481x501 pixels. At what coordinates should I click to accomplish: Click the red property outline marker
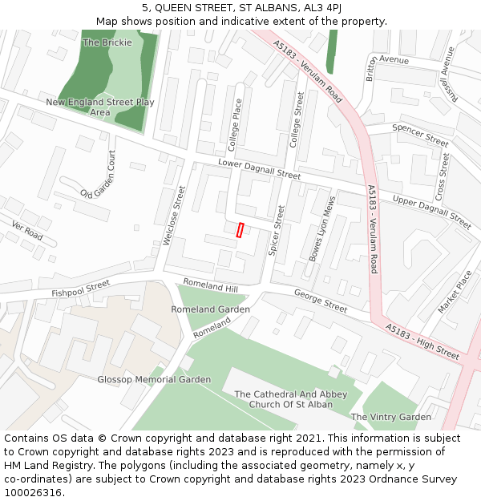[x=240, y=230]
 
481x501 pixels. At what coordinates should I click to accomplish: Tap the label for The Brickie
[x=107, y=42]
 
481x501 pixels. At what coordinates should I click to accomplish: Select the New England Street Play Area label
[x=100, y=107]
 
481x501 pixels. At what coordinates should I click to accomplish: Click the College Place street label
[x=234, y=125]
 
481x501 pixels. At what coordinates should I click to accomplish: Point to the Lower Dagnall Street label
[x=260, y=169]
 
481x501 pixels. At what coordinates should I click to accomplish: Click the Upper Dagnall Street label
[x=431, y=211]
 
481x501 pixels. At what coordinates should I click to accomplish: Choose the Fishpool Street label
[x=80, y=289]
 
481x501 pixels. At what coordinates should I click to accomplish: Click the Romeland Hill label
[x=211, y=285]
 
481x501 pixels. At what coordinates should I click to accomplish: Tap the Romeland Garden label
[x=210, y=309]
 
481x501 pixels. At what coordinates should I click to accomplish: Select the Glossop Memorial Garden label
[x=154, y=379]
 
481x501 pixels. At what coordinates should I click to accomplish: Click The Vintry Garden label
[x=390, y=417]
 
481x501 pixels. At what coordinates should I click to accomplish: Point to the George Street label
[x=321, y=301]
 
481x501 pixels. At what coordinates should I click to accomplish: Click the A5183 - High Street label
[x=422, y=341]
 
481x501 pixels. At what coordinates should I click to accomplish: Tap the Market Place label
[x=455, y=293]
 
